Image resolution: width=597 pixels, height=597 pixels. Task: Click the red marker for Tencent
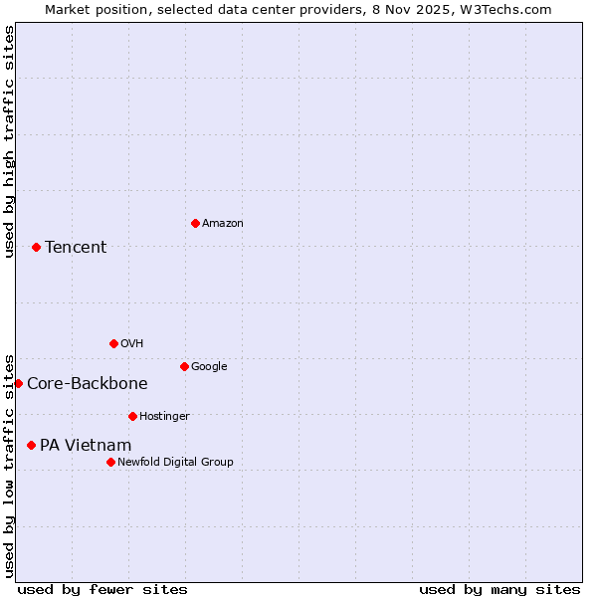click(36, 247)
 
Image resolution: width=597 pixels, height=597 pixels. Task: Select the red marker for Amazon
click(195, 223)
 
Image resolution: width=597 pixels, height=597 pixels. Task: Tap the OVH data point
click(113, 343)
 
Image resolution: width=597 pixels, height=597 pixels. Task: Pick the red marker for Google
click(184, 366)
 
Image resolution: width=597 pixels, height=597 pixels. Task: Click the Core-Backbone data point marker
click(18, 383)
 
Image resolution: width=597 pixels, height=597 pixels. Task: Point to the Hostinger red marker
click(132, 416)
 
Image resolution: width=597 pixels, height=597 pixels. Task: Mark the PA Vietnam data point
click(31, 445)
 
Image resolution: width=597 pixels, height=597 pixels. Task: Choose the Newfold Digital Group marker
click(110, 462)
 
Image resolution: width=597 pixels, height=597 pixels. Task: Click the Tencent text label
click(76, 248)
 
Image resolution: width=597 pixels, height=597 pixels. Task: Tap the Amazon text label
click(222, 224)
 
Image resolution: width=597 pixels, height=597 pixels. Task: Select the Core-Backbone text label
click(88, 384)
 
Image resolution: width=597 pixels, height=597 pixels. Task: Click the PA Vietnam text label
click(86, 446)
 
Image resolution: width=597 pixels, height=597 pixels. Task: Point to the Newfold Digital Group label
click(175, 462)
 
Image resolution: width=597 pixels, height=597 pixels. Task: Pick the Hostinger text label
click(164, 416)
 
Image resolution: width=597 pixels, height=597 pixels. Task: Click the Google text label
click(209, 366)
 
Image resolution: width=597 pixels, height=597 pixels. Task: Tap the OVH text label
click(131, 343)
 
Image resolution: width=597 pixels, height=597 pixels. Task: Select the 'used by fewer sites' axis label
click(102, 589)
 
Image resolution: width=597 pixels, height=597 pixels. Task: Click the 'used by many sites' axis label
click(499, 589)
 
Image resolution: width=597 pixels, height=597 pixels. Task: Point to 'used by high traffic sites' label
click(9, 141)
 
